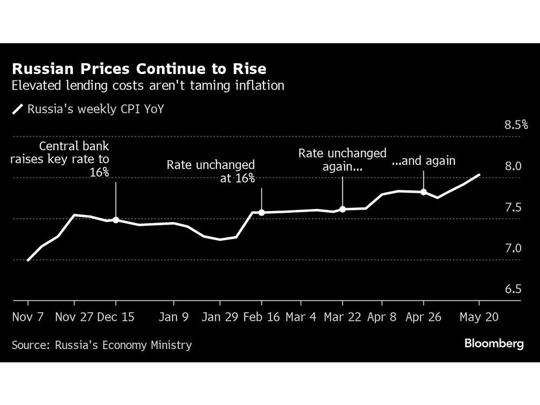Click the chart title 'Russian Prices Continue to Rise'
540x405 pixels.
(x=139, y=69)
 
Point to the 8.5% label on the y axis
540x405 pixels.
(x=516, y=125)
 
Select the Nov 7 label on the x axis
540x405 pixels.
(x=28, y=317)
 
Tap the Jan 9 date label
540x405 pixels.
(x=174, y=317)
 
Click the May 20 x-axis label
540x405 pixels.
(x=479, y=317)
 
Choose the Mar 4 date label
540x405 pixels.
(x=301, y=317)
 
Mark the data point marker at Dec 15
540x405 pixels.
(x=116, y=220)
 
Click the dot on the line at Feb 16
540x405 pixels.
(x=261, y=213)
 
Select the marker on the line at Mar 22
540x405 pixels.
(x=342, y=209)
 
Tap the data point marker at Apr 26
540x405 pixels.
(x=423, y=192)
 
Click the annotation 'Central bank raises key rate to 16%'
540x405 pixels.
(x=75, y=159)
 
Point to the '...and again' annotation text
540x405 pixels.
(x=423, y=161)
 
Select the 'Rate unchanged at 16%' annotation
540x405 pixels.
(x=211, y=172)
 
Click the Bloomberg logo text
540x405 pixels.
(x=494, y=343)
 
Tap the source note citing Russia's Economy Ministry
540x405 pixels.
(x=102, y=345)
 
